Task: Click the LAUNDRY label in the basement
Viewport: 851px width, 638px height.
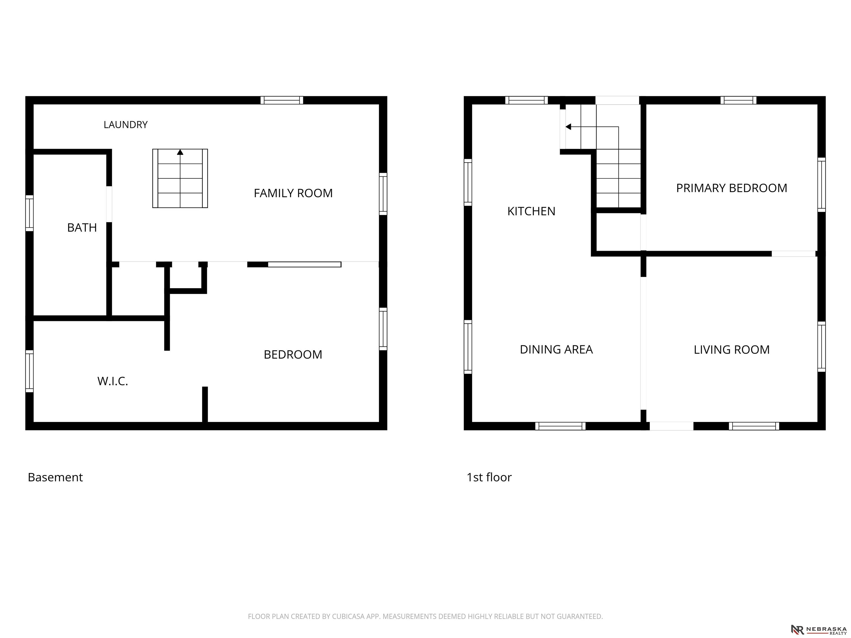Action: coord(125,125)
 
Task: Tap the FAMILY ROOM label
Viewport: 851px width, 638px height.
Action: coord(293,193)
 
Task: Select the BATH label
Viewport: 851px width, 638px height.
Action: coord(82,228)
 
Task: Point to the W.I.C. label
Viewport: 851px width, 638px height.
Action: coord(112,381)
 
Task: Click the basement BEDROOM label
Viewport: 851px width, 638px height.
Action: coord(293,354)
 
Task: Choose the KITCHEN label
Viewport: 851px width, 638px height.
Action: coord(531,211)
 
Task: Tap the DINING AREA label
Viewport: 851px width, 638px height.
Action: coord(556,349)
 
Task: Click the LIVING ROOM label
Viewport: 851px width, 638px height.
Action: coord(731,349)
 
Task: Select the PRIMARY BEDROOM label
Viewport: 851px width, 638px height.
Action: coord(731,188)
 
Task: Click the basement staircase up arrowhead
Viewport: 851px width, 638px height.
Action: coord(180,152)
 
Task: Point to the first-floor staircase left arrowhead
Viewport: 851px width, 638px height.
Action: coord(568,127)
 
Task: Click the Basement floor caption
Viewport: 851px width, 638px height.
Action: coord(55,477)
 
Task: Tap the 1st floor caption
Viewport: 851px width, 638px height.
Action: coord(489,477)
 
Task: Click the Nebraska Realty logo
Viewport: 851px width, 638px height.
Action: coord(819,629)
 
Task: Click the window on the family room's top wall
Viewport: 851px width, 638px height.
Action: coord(282,100)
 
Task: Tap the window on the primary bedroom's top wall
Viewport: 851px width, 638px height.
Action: coord(738,100)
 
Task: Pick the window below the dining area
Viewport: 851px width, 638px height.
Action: coord(560,426)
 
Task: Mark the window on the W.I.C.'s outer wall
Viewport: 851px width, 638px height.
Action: coord(29,371)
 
